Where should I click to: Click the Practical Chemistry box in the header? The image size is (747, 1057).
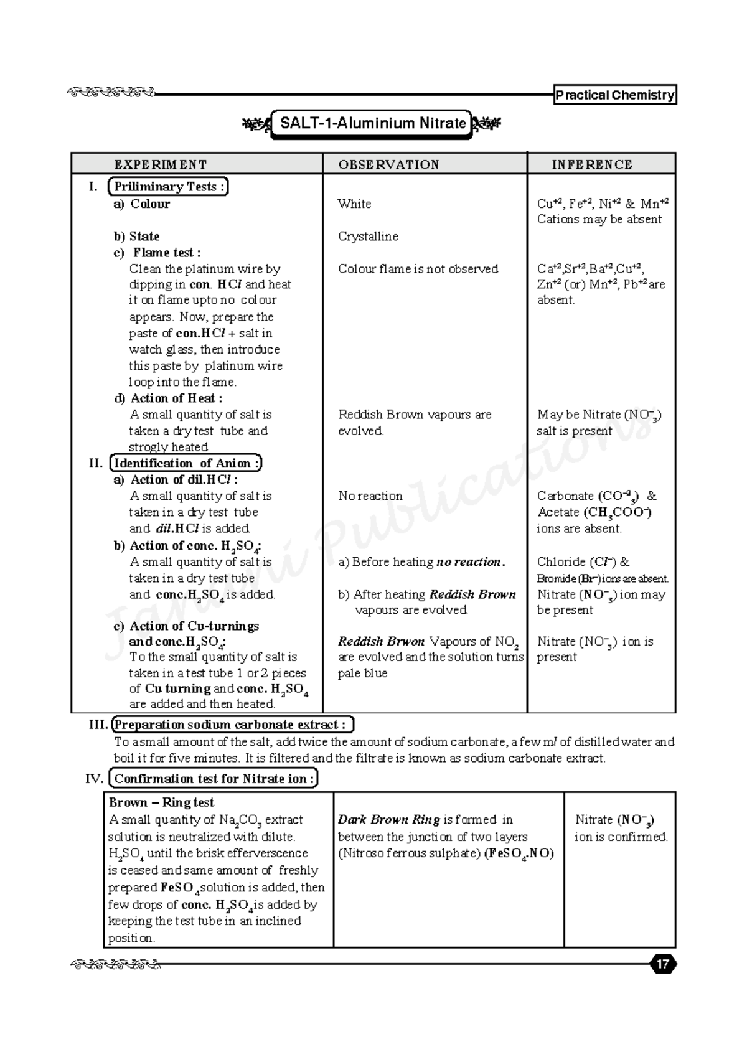[614, 95]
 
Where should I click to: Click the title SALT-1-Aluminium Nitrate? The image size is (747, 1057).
[372, 123]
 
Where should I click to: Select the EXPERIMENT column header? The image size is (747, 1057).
[160, 165]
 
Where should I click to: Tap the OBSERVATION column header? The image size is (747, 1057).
[388, 165]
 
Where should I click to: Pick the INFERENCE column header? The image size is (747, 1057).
[591, 165]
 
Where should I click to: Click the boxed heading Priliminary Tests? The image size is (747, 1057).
[168, 187]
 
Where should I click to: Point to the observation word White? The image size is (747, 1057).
[354, 204]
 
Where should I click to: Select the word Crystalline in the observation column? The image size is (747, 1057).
[368, 237]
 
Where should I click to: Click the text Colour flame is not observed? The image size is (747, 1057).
[418, 269]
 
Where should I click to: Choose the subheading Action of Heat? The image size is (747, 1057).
[176, 398]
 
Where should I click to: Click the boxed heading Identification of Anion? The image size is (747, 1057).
[185, 464]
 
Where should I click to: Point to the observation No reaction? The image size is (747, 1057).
[370, 496]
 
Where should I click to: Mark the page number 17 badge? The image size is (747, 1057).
[663, 965]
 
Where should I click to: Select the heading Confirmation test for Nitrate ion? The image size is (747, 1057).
[213, 779]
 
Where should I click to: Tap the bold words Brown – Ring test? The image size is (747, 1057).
[161, 802]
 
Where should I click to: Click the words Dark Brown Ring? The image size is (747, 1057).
[388, 820]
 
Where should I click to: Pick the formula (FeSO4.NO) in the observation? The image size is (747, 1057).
[519, 853]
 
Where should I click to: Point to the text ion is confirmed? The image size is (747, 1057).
[621, 837]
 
